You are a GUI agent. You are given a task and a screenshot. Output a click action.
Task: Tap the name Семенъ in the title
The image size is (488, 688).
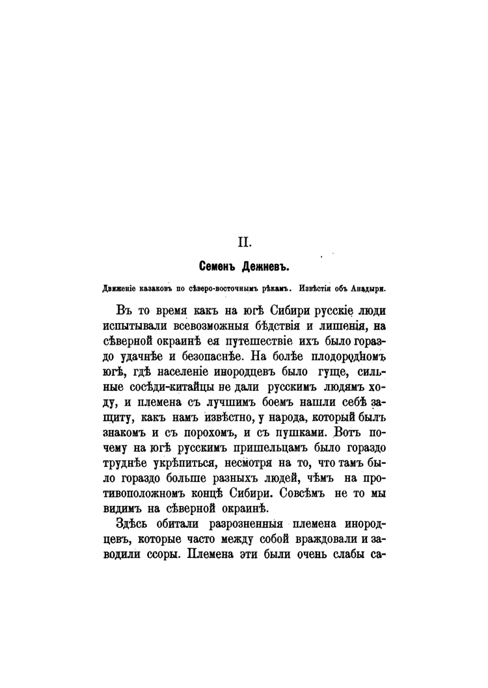[217, 267]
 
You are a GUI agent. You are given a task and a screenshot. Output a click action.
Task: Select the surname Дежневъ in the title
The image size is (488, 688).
[267, 267]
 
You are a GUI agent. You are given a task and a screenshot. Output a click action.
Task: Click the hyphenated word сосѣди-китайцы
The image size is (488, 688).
[157, 388]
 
